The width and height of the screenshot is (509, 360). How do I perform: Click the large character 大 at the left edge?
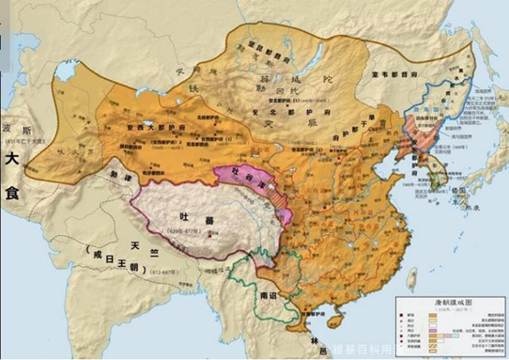click(x=13, y=158)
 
